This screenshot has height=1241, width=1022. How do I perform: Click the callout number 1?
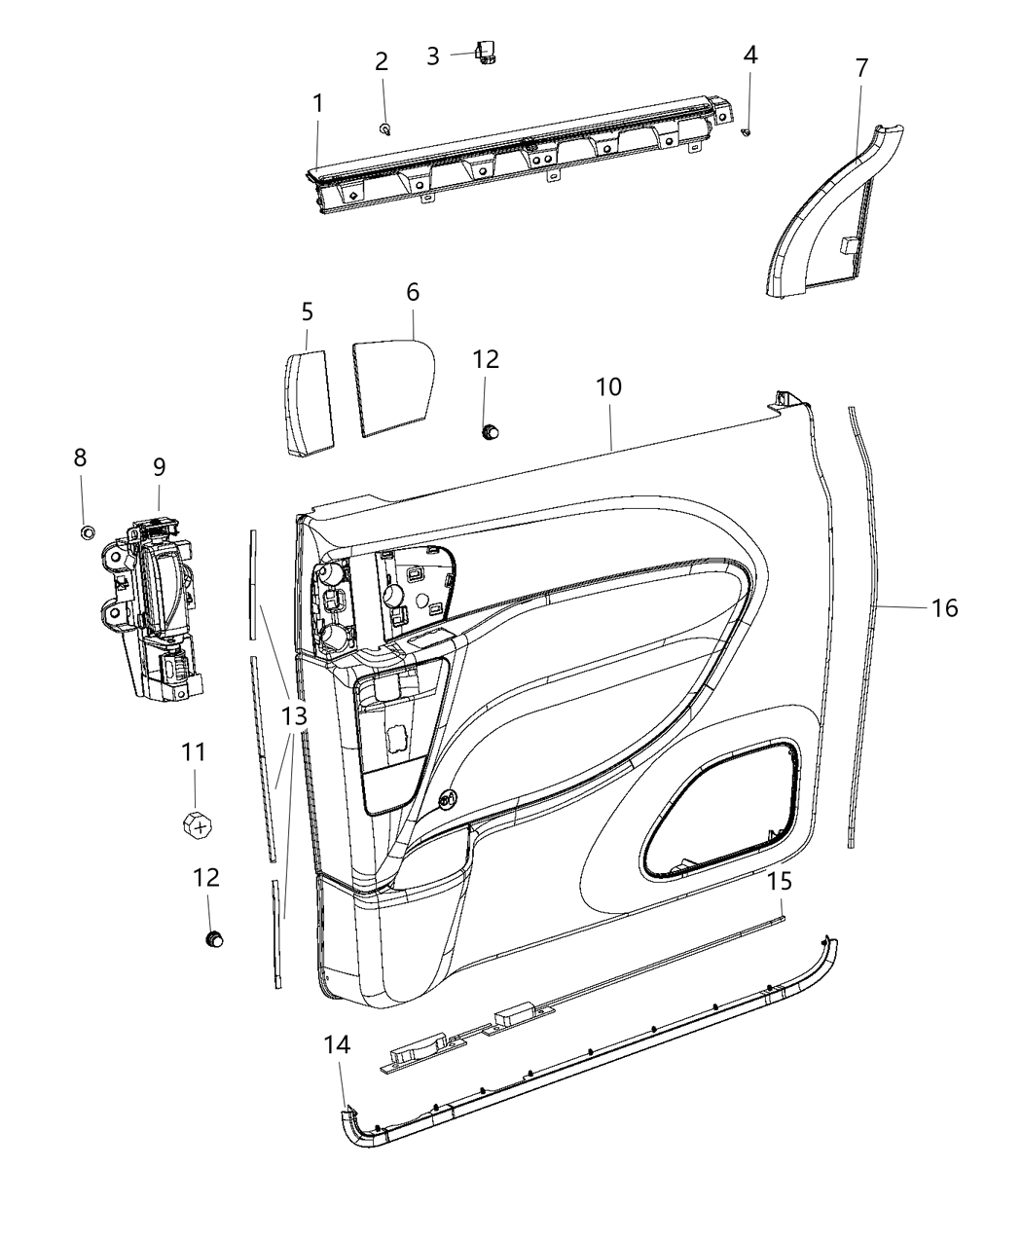[x=318, y=102]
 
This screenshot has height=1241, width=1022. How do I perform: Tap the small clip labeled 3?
[x=484, y=55]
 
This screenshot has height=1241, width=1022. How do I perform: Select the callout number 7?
[x=861, y=68]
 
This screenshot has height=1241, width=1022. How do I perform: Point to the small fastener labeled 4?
[x=747, y=132]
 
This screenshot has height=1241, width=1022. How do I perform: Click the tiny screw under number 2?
[x=385, y=128]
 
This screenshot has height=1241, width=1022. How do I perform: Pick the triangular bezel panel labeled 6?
[x=389, y=384]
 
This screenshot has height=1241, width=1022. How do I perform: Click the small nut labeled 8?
[x=86, y=531]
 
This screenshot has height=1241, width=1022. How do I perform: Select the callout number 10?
[x=609, y=386]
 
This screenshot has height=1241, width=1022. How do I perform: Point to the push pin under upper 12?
[x=491, y=429]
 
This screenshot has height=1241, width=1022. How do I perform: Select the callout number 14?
[x=339, y=1044]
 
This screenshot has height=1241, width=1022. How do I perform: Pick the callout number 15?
[x=780, y=882]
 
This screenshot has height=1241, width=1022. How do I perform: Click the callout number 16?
[x=944, y=608]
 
